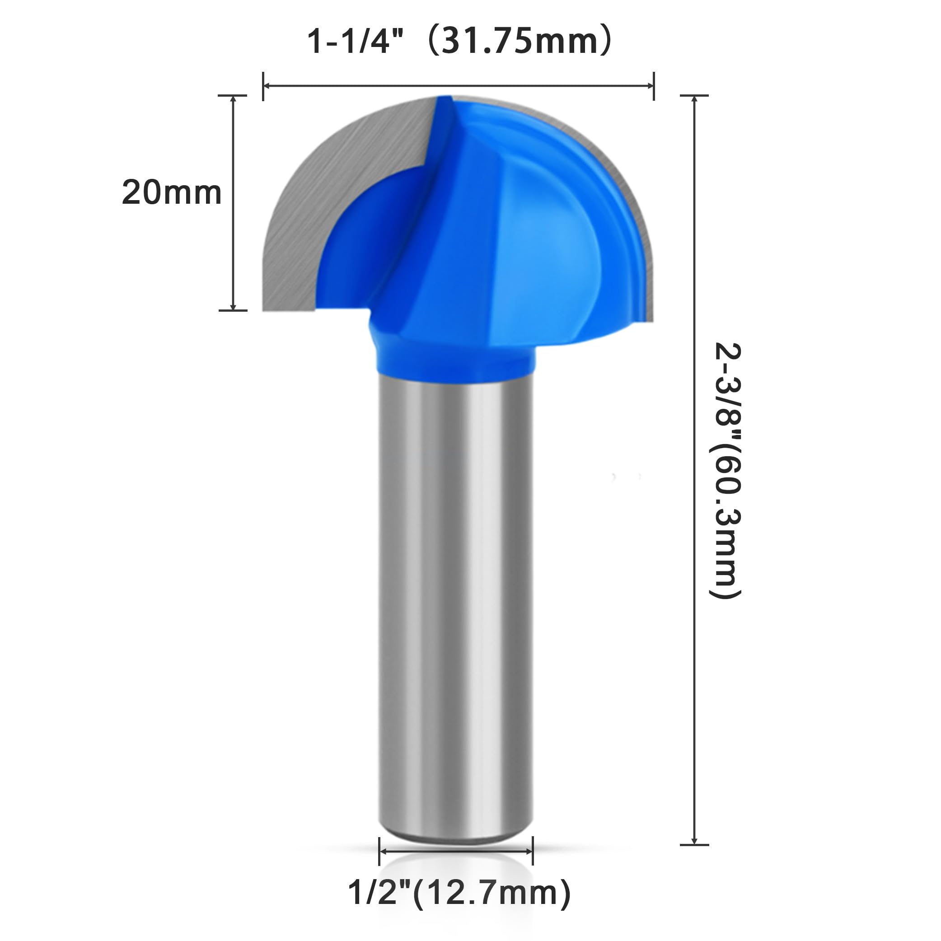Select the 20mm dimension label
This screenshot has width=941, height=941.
point(172,192)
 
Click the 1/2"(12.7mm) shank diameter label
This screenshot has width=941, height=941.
point(459,892)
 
